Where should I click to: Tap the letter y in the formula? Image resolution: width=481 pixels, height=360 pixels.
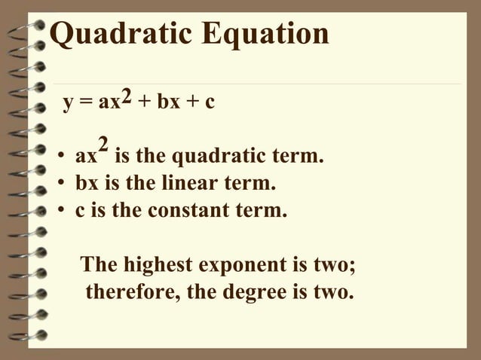68,103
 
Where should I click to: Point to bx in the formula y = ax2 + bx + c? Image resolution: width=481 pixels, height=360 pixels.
167,102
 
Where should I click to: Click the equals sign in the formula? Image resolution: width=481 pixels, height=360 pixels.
83,103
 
